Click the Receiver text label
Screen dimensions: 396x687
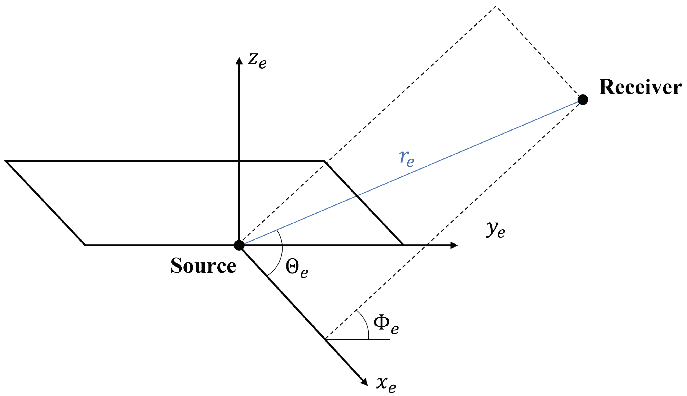[640, 88]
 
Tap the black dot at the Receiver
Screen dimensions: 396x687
[583, 100]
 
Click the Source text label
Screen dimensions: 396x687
[203, 266]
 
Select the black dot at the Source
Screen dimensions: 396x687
[239, 245]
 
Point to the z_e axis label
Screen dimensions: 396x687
[257, 60]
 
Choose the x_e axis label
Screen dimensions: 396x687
[386, 384]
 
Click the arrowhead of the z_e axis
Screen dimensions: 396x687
[239, 61]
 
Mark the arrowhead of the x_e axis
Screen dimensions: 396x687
[364, 382]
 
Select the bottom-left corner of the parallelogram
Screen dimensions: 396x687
[86, 245]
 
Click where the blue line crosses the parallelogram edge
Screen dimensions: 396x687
[357, 195]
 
